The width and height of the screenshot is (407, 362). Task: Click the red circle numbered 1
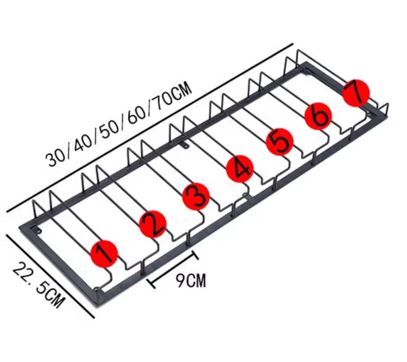click(x=104, y=253)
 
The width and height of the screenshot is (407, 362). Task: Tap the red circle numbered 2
click(x=153, y=224)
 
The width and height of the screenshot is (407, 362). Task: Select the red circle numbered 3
click(x=196, y=196)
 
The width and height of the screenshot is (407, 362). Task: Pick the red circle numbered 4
click(x=240, y=169)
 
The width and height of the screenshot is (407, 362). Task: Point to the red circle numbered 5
click(x=279, y=141)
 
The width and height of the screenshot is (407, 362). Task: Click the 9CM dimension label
click(x=190, y=280)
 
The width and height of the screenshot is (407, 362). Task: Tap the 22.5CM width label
click(x=39, y=286)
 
